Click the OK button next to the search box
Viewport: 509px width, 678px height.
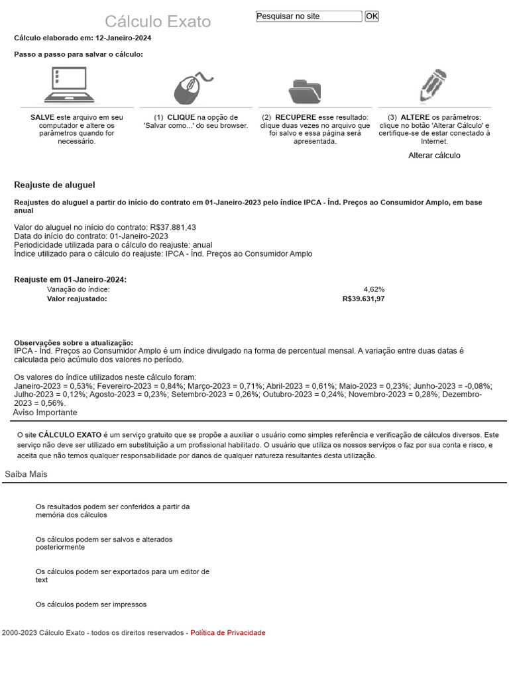372,16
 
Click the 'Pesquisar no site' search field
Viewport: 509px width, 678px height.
309,16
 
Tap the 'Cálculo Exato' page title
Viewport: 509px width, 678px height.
158,22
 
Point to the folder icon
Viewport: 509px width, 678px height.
305,89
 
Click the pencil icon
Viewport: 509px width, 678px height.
433,86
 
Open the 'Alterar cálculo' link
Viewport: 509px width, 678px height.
434,156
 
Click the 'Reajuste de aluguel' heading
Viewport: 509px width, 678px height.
54,185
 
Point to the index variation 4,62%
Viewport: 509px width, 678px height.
374,289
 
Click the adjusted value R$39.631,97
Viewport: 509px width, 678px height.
363,299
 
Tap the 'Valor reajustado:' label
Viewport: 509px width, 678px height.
77,299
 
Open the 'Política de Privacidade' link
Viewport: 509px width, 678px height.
227,633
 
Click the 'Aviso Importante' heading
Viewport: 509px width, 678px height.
45,412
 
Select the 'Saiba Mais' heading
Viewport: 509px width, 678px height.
26,474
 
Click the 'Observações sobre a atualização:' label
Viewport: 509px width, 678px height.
74,342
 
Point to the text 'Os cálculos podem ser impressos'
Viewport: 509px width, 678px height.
91,605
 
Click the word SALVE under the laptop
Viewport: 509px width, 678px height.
42,117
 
